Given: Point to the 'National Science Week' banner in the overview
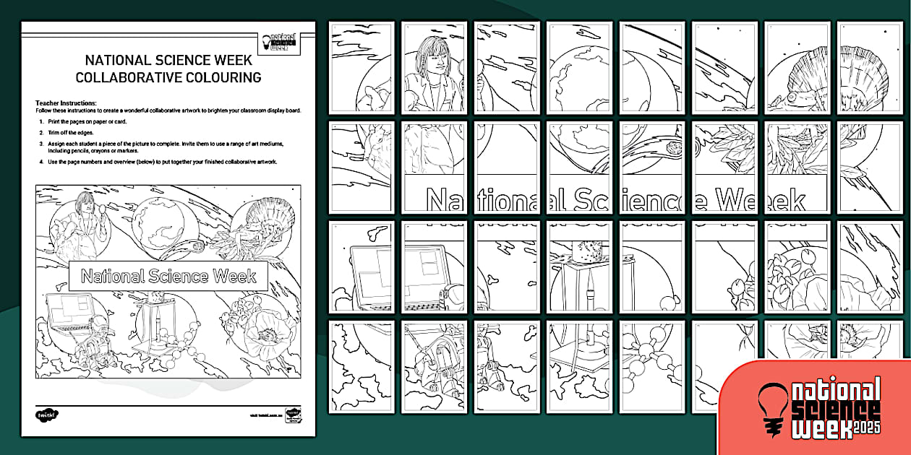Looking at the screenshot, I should (168, 277).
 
